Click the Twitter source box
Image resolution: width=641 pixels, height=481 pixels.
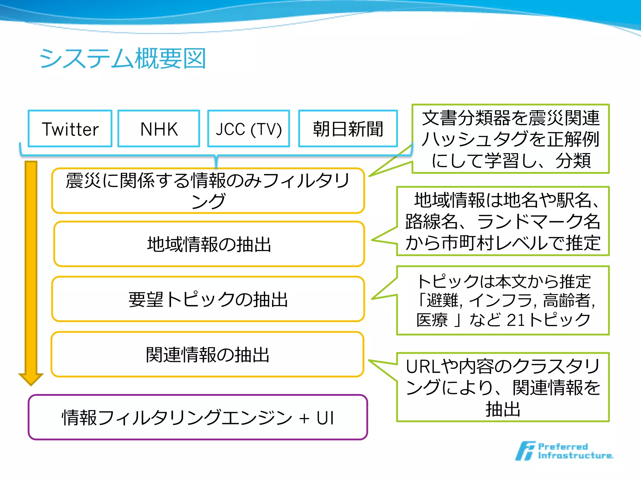tap(70, 129)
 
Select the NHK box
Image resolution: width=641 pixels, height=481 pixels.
tap(159, 129)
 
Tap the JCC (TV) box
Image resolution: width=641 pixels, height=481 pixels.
tap(249, 129)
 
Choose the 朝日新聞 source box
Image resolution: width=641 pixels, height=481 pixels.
tap(348, 129)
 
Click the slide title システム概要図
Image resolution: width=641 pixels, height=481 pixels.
tap(122, 59)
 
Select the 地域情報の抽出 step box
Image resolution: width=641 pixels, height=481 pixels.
tap(209, 244)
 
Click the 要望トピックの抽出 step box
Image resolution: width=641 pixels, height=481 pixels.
tap(208, 299)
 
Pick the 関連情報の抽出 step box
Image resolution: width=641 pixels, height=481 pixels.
tap(208, 354)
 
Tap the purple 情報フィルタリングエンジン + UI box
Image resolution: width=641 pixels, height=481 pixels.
tap(198, 417)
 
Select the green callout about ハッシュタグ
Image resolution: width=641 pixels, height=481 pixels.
tap(510, 139)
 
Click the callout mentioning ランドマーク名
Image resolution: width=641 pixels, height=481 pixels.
tap(503, 221)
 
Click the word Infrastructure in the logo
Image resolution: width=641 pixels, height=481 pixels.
tap(575, 456)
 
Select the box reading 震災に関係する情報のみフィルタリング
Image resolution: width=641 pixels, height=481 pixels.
tap(208, 190)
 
